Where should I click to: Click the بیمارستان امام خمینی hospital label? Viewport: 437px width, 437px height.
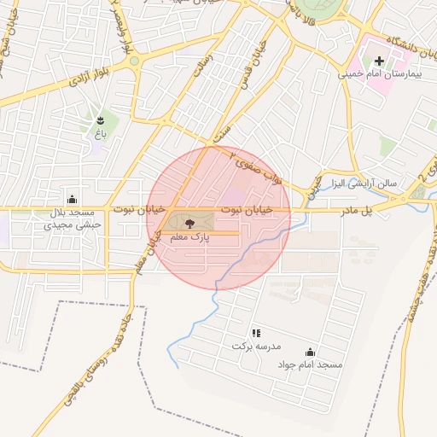379,75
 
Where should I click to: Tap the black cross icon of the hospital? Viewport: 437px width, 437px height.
380,61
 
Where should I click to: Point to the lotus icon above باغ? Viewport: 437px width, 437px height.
101,119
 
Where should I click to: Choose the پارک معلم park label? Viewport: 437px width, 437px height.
190,236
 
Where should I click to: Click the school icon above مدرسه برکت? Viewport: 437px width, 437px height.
255,333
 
